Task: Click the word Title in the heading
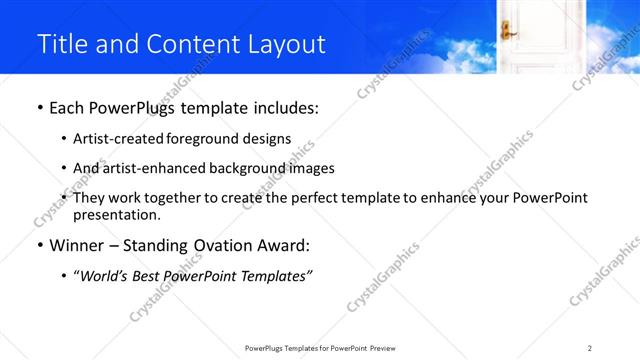[61, 45]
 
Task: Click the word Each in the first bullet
[68, 109]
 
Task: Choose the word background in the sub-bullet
[240, 169]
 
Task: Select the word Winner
[79, 245]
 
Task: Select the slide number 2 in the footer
[590, 348]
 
